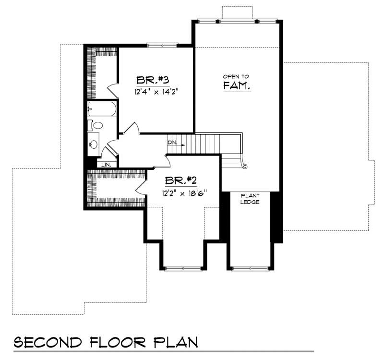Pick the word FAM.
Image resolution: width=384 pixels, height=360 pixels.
coord(237,86)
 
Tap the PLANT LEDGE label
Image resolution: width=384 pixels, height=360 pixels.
coord(250,199)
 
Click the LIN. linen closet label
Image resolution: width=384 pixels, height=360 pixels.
coord(106,164)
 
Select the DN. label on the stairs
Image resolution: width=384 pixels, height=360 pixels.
coord(172,143)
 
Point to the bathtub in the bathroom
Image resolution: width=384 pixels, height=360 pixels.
coord(102,110)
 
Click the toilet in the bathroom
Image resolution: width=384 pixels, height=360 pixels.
coord(96,125)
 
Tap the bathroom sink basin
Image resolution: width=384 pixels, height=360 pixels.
coord(93,144)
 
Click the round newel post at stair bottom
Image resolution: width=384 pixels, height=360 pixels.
coord(244,167)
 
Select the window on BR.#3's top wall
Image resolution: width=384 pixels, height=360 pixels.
coord(161,46)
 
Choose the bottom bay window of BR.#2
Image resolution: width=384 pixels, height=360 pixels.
coord(184,267)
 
